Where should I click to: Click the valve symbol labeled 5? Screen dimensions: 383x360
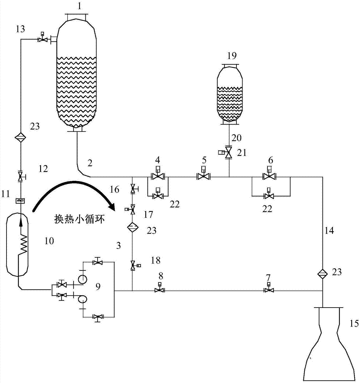pos(203,177)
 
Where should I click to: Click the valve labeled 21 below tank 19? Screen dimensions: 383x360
pos(229,153)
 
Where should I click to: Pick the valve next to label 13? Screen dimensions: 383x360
pos(42,39)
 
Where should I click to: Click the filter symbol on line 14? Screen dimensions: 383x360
pos(323,273)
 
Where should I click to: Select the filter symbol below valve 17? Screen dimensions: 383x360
pos(132,227)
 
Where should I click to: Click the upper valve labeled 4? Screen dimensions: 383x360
pos(157,177)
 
